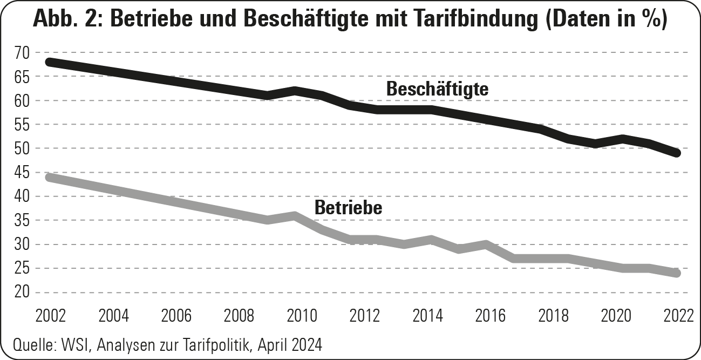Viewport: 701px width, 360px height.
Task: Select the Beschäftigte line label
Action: tap(437, 89)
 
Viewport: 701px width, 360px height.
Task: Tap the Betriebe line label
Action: tap(348, 207)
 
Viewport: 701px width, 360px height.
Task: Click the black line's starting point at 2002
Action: tap(50, 62)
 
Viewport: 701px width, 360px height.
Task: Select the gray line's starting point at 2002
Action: tap(50, 177)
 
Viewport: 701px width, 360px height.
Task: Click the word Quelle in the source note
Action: tap(29, 344)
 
